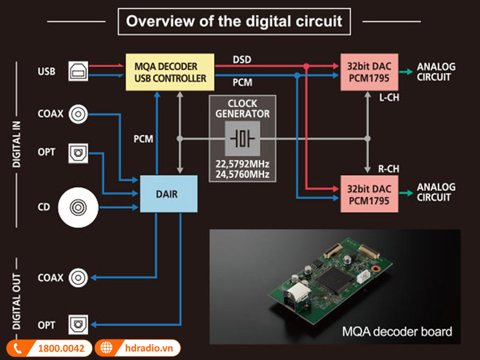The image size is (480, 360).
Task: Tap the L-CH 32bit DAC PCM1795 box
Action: tap(368, 73)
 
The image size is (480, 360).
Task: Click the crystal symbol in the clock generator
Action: tap(242, 139)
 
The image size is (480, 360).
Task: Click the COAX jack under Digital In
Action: tap(78, 113)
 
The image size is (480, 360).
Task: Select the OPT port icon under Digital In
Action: tap(78, 152)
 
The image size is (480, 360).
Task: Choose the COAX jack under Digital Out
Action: tap(78, 278)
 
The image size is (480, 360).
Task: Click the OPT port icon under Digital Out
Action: tap(78, 325)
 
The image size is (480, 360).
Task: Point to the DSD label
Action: tap(242, 59)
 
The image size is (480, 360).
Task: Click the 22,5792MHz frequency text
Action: tap(242, 164)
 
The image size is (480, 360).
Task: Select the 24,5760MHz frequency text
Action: tap(242, 175)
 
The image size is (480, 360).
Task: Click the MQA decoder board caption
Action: tap(397, 331)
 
